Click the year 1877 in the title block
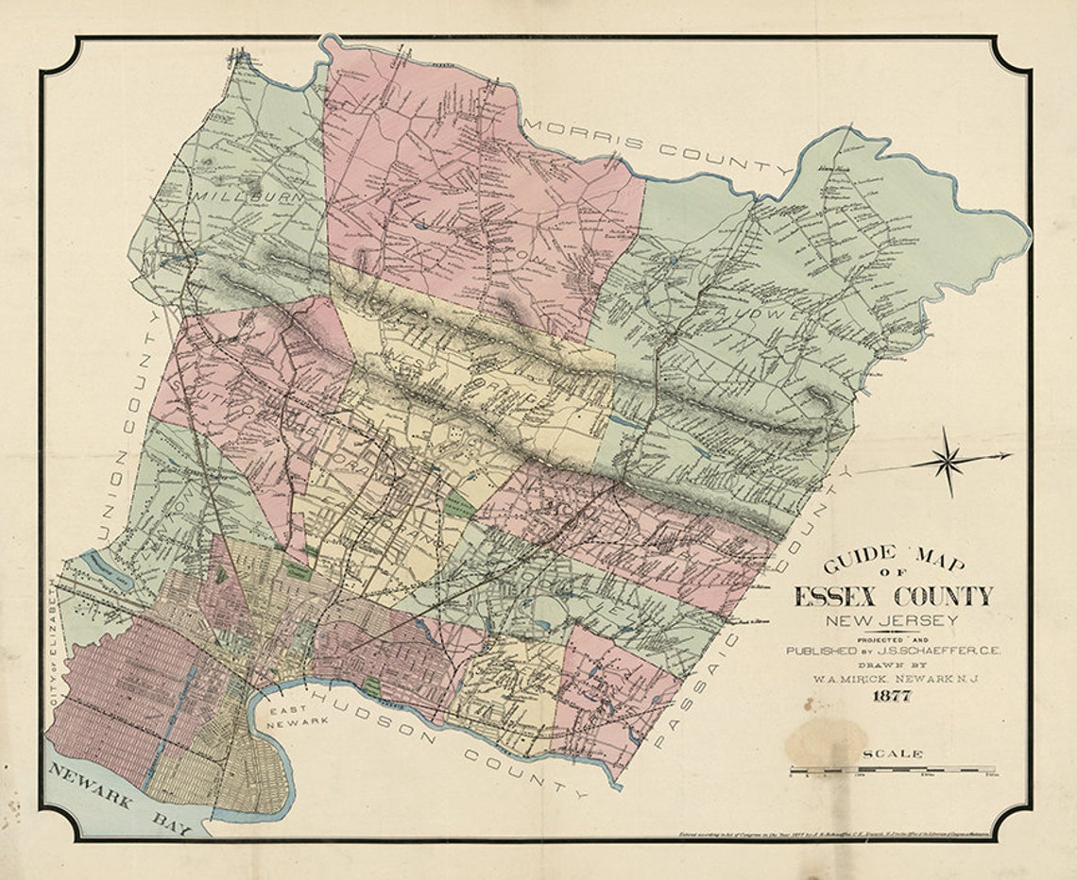(892, 698)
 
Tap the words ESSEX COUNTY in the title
(893, 597)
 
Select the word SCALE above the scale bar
(892, 753)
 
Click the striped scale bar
(892, 770)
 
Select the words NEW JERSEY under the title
(892, 620)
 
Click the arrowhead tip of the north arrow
(1009, 456)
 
